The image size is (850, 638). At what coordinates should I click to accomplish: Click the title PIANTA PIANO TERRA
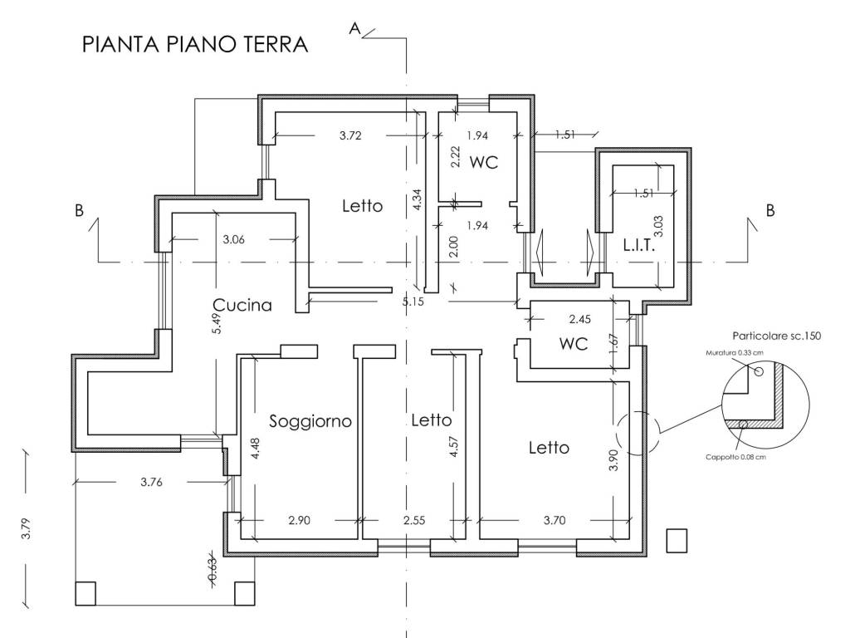(195, 45)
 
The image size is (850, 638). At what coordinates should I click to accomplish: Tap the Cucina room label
(242, 305)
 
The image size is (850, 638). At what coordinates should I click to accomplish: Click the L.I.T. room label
(639, 247)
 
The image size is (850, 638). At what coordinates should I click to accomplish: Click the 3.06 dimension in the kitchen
(235, 241)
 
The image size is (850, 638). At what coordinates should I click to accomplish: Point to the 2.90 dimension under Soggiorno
(299, 520)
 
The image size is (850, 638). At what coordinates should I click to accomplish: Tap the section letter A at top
(354, 29)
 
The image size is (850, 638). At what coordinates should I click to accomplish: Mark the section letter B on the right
(769, 211)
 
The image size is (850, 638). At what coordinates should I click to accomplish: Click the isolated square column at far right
(677, 541)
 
